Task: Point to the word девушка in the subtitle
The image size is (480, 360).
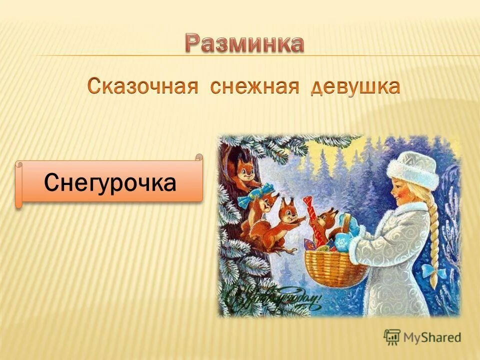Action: click(x=355, y=87)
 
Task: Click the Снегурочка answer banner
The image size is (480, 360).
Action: click(x=110, y=182)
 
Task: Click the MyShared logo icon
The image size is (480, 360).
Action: click(x=392, y=337)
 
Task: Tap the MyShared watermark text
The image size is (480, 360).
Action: click(x=432, y=337)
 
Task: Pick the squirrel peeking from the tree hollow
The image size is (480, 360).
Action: click(x=244, y=170)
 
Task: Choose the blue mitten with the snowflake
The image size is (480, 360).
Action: click(x=345, y=240)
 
